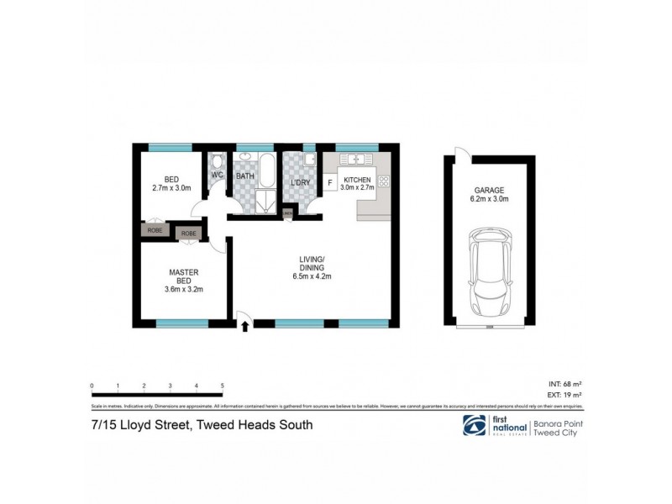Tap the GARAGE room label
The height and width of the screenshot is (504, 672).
click(x=488, y=190)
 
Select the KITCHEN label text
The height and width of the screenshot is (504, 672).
click(x=357, y=181)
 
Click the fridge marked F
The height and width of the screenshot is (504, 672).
click(x=330, y=182)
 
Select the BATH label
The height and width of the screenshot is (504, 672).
click(x=244, y=176)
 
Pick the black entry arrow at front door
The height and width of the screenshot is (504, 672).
click(x=244, y=323)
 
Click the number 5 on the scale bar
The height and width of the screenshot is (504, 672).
click(x=222, y=386)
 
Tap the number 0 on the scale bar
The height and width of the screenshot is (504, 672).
click(x=92, y=386)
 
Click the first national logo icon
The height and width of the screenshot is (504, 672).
click(x=472, y=425)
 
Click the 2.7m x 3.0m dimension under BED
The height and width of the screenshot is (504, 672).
click(x=171, y=188)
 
